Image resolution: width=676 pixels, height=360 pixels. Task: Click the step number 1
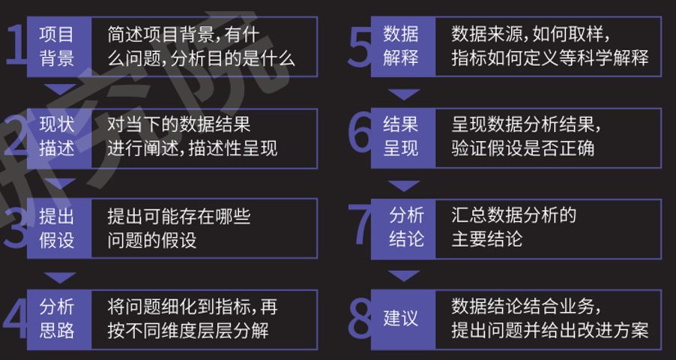(x=15, y=45)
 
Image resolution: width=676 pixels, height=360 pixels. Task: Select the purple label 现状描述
(x=57, y=136)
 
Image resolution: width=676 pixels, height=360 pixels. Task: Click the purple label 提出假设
(x=57, y=228)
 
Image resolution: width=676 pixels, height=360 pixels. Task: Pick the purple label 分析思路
(x=57, y=319)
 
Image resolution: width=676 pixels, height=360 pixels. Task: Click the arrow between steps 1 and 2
(x=60, y=91)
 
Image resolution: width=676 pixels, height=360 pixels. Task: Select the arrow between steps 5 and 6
(x=405, y=94)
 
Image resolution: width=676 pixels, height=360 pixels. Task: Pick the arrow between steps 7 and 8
(x=405, y=275)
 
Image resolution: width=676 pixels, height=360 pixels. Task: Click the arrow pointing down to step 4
(x=60, y=275)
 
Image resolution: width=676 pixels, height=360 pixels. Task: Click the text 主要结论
(x=486, y=239)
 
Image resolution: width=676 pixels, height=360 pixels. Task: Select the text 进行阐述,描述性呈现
(x=192, y=148)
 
